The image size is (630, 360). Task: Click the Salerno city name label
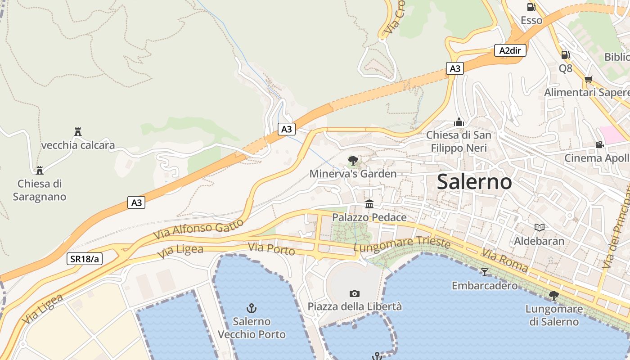pyautogui.click(x=474, y=182)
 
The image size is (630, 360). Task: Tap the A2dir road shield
pyautogui.click(x=510, y=50)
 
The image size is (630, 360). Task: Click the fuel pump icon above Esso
pyautogui.click(x=531, y=7)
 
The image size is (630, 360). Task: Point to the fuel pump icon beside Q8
pyautogui.click(x=565, y=55)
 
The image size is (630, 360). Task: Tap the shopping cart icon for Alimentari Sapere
pyautogui.click(x=588, y=80)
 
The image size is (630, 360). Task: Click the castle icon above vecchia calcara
pyautogui.click(x=77, y=132)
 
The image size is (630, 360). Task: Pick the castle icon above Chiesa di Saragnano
pyautogui.click(x=40, y=170)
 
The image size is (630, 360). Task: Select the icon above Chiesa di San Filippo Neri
pyautogui.click(x=459, y=122)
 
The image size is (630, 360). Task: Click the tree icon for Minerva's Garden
pyautogui.click(x=353, y=161)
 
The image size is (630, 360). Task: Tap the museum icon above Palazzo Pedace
pyautogui.click(x=369, y=204)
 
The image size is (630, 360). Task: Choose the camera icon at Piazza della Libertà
pyautogui.click(x=355, y=293)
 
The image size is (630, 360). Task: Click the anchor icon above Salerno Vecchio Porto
pyautogui.click(x=252, y=308)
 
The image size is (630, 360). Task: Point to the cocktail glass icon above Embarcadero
pyautogui.click(x=484, y=272)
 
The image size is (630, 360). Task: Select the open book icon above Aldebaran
pyautogui.click(x=539, y=228)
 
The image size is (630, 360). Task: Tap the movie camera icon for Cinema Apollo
pyautogui.click(x=599, y=145)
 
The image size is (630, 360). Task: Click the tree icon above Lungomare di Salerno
pyautogui.click(x=553, y=296)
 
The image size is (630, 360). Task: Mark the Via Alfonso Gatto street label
pyautogui.click(x=198, y=229)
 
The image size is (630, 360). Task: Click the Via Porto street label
pyautogui.click(x=271, y=248)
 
